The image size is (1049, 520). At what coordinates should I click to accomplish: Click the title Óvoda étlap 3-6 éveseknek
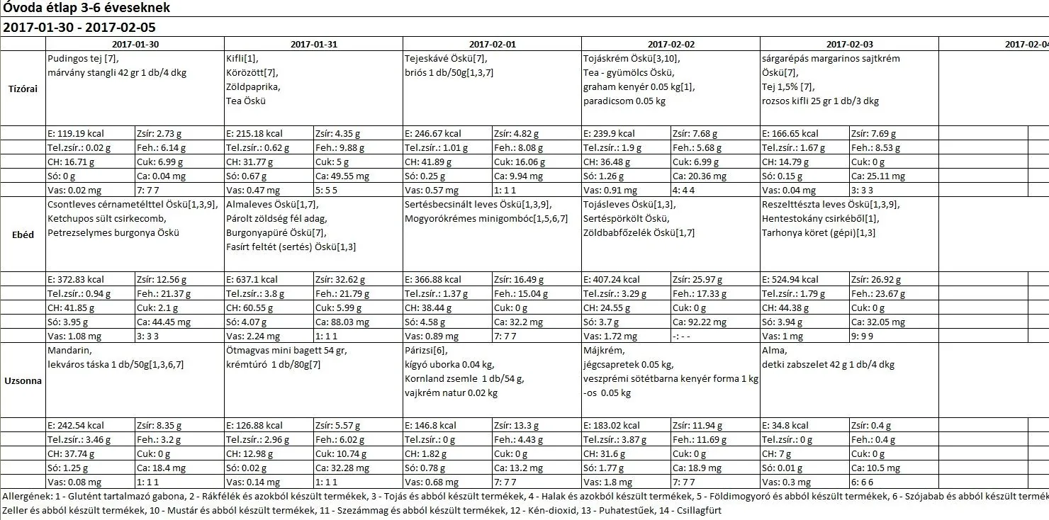tap(86, 9)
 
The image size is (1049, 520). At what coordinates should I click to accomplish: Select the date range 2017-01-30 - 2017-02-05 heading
tap(79, 28)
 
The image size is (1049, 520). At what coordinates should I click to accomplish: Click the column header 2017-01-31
tap(313, 44)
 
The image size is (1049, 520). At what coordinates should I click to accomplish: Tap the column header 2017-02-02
tap(671, 44)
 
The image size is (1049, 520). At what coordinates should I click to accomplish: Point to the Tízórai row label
tap(23, 89)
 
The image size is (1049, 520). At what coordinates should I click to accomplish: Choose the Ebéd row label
tap(23, 235)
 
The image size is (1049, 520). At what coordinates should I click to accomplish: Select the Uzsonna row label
tap(23, 380)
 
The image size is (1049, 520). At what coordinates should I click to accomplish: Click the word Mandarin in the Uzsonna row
tap(69, 350)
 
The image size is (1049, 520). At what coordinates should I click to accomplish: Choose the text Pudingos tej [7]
tap(83, 58)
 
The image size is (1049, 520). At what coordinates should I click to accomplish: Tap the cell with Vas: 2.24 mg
tap(253, 336)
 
